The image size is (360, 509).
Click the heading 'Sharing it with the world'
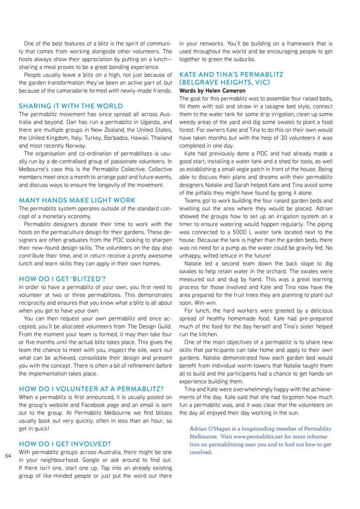[x=71, y=106]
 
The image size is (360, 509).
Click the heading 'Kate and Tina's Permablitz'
[x=231, y=75]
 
